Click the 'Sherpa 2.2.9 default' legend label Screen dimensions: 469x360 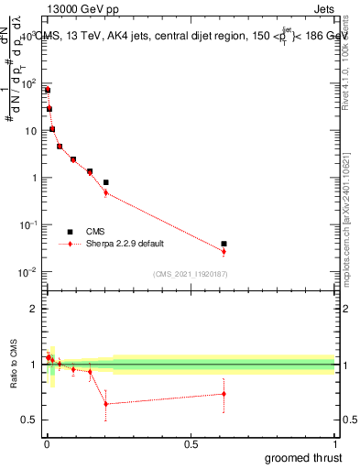point(125,244)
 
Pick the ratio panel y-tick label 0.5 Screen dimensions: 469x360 point(28,420)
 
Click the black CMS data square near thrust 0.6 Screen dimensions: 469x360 point(224,244)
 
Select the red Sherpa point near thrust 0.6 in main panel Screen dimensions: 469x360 point(224,251)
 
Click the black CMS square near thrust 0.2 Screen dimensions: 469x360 point(106,182)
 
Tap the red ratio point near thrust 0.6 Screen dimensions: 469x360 point(224,394)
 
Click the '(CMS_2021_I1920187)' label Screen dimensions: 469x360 point(191,273)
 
